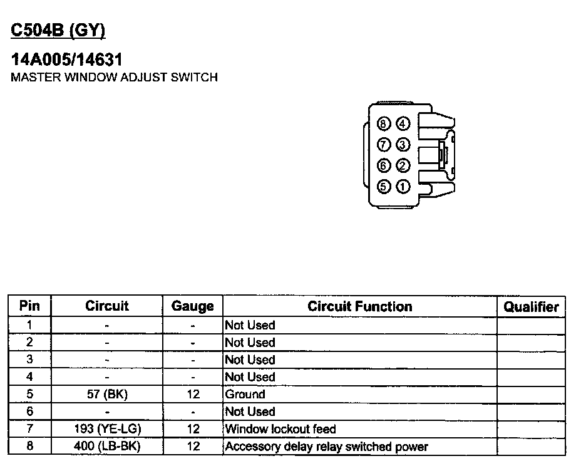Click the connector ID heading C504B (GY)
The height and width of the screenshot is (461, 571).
(58, 31)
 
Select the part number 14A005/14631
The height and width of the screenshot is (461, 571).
(66, 60)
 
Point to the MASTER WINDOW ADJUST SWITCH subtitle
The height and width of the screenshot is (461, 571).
(115, 78)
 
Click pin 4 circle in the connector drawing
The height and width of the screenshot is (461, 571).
(403, 123)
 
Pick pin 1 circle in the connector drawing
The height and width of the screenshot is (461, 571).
(403, 186)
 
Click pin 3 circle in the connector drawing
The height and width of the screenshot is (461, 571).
(403, 145)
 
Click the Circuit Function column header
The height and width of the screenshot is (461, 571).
(359, 306)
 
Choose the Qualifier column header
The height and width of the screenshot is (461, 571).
(531, 306)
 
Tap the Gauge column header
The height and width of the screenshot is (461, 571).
(193, 306)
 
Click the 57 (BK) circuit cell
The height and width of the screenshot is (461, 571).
(107, 395)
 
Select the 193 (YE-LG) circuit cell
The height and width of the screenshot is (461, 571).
(107, 429)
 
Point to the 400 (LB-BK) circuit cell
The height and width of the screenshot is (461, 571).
(107, 447)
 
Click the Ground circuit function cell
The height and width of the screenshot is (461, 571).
(245, 395)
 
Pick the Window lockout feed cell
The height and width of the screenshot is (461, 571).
(280, 429)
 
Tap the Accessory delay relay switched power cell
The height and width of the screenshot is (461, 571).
(326, 447)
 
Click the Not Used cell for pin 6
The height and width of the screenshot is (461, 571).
(250, 412)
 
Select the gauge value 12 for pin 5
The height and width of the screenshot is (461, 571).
(193, 395)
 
